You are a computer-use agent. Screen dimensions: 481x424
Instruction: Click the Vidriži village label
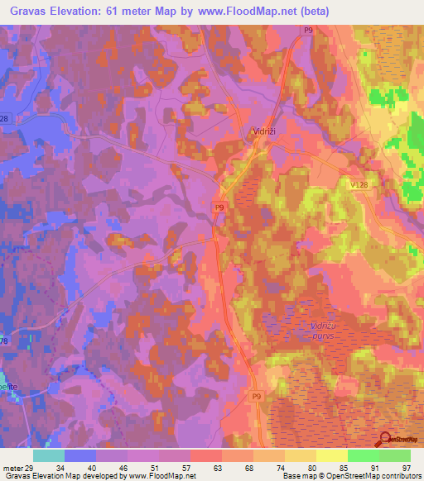point(264,131)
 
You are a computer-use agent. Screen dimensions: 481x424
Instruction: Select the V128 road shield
point(359,186)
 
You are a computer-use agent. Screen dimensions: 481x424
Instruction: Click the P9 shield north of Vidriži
point(308,30)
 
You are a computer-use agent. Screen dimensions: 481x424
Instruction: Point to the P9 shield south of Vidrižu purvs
point(256,397)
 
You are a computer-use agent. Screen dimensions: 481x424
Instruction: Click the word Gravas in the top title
point(34,12)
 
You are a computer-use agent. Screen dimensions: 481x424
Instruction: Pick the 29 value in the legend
point(29,468)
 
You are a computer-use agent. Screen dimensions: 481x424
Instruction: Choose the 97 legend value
point(405,468)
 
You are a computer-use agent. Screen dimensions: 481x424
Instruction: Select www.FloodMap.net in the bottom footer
point(161,476)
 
